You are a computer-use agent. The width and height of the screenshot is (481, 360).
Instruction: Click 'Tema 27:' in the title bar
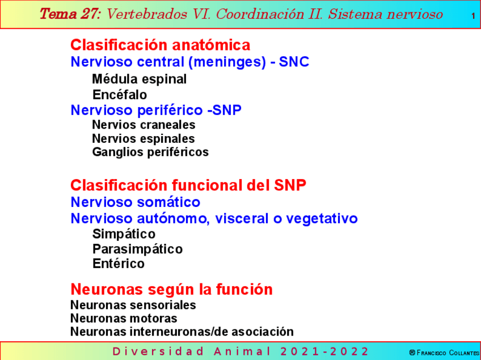click(70, 14)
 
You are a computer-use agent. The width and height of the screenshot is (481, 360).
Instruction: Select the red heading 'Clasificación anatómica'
click(160, 45)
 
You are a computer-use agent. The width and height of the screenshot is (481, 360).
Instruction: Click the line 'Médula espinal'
click(139, 79)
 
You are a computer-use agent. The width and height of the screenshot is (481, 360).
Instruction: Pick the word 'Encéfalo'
click(119, 95)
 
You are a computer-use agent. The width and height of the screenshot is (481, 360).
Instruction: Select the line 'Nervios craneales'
click(144, 125)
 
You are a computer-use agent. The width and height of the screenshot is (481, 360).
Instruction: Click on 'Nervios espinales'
click(143, 138)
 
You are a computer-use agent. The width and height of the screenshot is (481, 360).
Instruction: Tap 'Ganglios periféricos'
click(150, 152)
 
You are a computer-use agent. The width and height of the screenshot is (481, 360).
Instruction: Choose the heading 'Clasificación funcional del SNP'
click(188, 185)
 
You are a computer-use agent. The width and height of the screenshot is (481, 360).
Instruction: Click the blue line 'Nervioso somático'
click(135, 202)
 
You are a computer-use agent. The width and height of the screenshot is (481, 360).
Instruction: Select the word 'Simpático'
click(124, 234)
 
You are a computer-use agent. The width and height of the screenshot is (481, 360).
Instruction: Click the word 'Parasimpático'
click(137, 249)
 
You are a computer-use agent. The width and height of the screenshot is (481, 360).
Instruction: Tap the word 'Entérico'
click(119, 264)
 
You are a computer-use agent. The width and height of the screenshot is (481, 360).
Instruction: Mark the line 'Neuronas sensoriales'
click(133, 305)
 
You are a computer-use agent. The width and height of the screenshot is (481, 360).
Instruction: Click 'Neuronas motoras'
click(124, 319)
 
